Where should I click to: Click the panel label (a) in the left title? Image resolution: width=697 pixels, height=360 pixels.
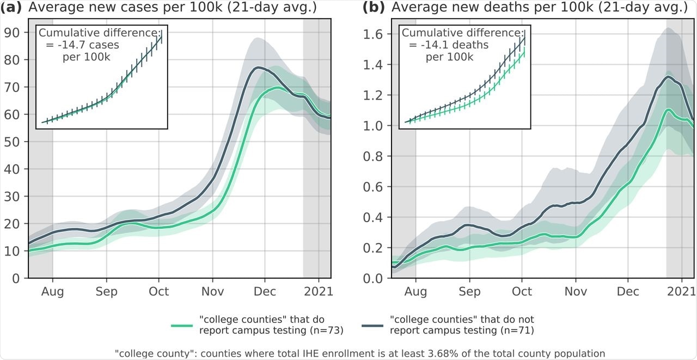(x=13, y=8)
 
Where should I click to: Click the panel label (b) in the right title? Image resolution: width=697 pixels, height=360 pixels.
(x=375, y=8)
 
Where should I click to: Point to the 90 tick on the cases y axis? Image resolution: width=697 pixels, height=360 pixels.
(x=12, y=33)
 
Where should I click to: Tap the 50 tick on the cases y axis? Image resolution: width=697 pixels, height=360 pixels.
(x=12, y=142)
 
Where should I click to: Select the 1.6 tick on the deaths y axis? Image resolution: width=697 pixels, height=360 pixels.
(x=373, y=34)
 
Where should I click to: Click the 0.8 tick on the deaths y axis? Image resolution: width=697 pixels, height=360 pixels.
(x=373, y=156)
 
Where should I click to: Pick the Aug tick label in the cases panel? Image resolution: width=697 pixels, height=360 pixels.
(x=52, y=291)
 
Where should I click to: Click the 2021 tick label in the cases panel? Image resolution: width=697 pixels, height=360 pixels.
(x=316, y=291)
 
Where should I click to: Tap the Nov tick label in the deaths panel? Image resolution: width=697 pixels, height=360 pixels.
(x=575, y=291)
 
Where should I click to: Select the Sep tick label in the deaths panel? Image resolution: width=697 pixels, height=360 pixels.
(x=469, y=291)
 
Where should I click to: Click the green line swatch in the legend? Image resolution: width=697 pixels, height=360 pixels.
(x=182, y=326)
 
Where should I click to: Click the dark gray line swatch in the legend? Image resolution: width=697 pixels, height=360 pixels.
(x=373, y=326)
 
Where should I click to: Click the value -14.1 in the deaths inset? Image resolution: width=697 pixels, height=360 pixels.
(x=427, y=45)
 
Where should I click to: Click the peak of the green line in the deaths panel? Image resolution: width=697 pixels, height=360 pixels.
(x=668, y=109)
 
